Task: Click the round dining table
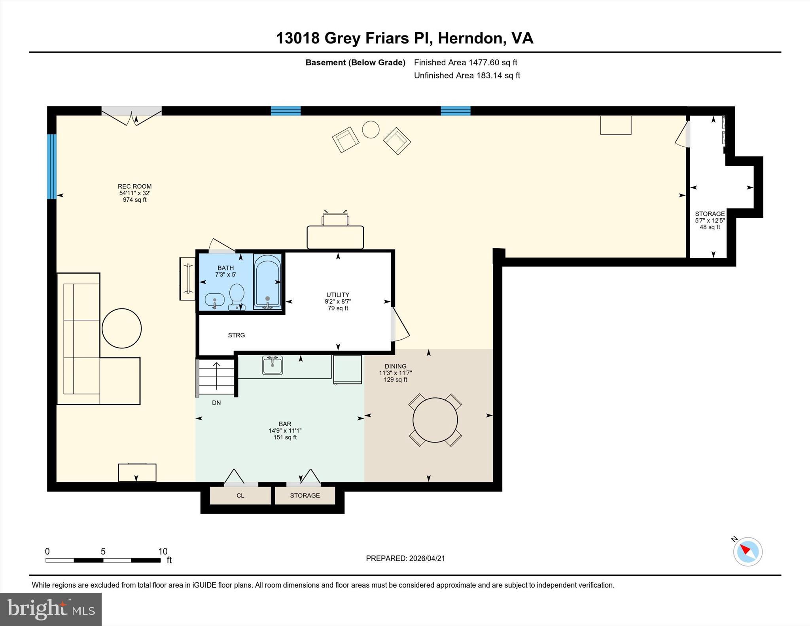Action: pyautogui.click(x=435, y=420)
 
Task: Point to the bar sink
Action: pyautogui.click(x=273, y=365)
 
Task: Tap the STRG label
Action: pyautogui.click(x=236, y=335)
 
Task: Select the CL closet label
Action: pyautogui.click(x=240, y=496)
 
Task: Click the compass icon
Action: pyautogui.click(x=748, y=552)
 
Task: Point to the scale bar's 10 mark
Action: pyautogui.click(x=163, y=551)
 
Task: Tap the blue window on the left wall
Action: pyautogui.click(x=52, y=166)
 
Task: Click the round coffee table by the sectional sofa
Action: pyautogui.click(x=122, y=328)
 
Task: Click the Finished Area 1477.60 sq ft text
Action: pyautogui.click(x=466, y=62)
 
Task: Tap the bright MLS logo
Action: pyautogui.click(x=51, y=609)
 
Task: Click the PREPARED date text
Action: pyautogui.click(x=405, y=558)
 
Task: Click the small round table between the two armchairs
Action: pyautogui.click(x=371, y=129)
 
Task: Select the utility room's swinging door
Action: pyautogui.click(x=399, y=324)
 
